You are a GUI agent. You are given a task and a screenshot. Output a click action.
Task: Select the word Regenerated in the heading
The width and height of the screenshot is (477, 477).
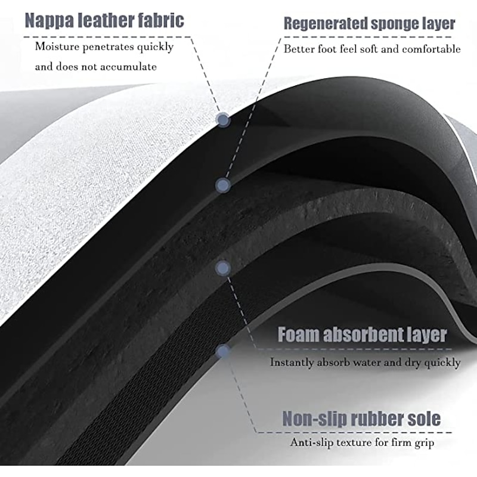tap(330, 24)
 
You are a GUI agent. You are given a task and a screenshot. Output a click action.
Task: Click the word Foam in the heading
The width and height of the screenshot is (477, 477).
tap(298, 335)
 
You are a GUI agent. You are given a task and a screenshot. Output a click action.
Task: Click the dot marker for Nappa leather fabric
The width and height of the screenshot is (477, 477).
tap(224, 120)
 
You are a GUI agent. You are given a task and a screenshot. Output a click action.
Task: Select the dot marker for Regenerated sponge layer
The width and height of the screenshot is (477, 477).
tap(223, 185)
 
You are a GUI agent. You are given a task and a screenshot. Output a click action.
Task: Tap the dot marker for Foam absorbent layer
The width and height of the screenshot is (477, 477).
tap(222, 269)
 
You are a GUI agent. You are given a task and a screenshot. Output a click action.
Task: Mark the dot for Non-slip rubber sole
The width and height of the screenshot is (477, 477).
tap(222, 352)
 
